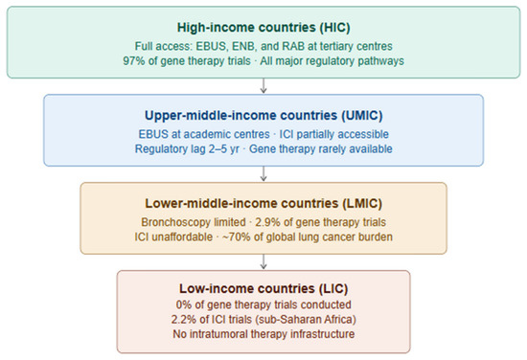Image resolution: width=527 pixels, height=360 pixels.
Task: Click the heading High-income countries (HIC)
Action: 263,28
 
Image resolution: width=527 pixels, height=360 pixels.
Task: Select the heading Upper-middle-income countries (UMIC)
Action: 263,116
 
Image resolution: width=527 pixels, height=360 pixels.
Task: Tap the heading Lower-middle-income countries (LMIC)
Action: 263,204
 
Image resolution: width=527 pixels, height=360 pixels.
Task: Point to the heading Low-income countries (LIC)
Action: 263,288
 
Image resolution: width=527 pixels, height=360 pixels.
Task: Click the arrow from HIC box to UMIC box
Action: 263,86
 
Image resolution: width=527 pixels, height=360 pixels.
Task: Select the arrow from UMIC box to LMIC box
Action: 263,174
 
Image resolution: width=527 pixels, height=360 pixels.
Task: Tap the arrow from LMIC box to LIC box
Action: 263,262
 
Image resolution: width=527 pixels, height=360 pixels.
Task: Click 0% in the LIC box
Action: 184,304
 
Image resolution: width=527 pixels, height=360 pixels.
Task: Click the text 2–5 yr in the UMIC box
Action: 224,148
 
